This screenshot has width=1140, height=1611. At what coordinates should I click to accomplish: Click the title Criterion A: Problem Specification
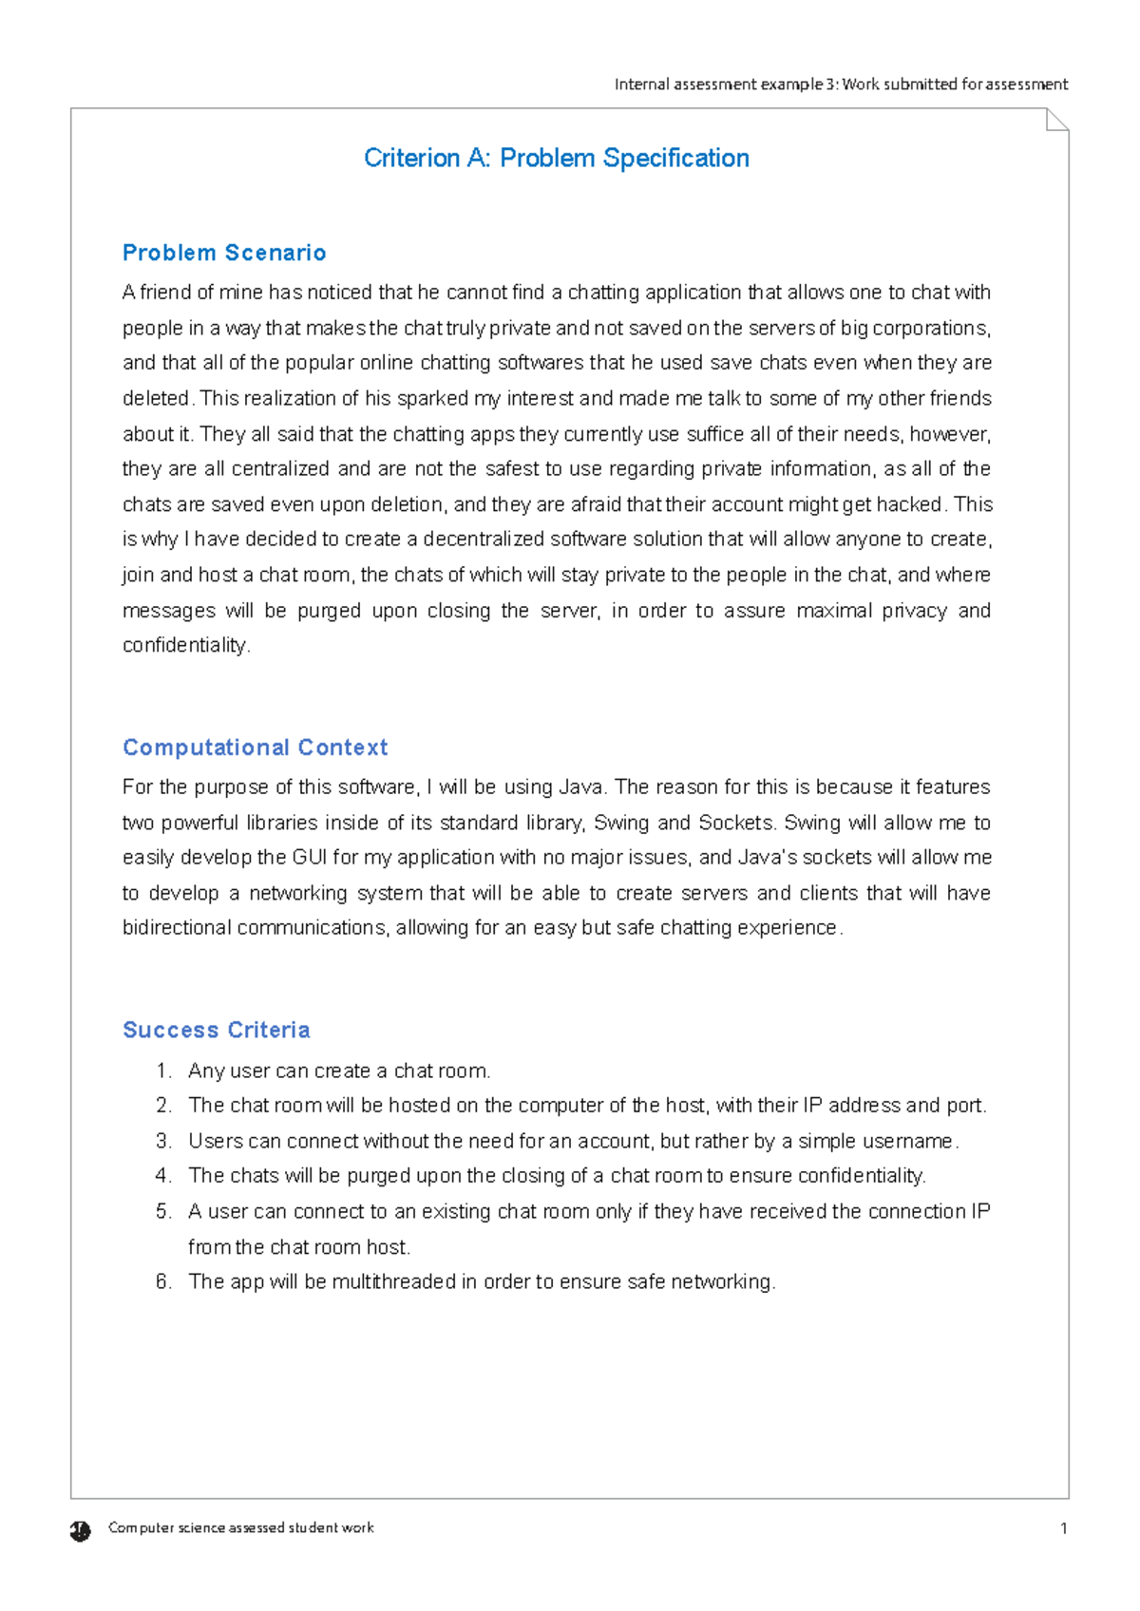pyautogui.click(x=556, y=158)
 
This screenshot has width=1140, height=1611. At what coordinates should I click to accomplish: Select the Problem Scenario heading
pyautogui.click(x=224, y=253)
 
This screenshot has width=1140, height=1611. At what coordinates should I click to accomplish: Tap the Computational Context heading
pyautogui.click(x=255, y=748)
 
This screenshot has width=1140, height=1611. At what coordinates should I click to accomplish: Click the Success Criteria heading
pyautogui.click(x=217, y=1030)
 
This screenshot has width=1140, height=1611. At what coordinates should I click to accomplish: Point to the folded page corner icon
pyautogui.click(x=1056, y=120)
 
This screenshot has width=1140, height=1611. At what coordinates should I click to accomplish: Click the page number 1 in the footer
pyautogui.click(x=1063, y=1528)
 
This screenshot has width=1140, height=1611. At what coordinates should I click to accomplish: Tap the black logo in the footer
pyautogui.click(x=80, y=1530)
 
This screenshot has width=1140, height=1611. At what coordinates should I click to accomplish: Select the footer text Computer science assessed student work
pyautogui.click(x=241, y=1527)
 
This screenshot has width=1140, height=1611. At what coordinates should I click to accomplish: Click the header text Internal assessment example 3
pyautogui.click(x=726, y=84)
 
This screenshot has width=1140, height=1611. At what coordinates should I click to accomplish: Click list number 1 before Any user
pyautogui.click(x=163, y=1071)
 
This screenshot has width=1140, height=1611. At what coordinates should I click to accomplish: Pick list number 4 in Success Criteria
pyautogui.click(x=163, y=1176)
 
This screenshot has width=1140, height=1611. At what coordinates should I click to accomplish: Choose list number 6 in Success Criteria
pyautogui.click(x=163, y=1281)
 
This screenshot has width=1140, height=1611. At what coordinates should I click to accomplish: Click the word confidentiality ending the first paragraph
pyautogui.click(x=185, y=645)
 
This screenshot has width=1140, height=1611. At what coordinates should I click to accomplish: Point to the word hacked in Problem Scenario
pyautogui.click(x=909, y=504)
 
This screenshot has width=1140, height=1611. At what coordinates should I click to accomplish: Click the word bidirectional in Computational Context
pyautogui.click(x=177, y=927)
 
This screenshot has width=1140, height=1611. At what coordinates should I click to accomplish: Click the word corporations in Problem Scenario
pyautogui.click(x=930, y=328)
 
